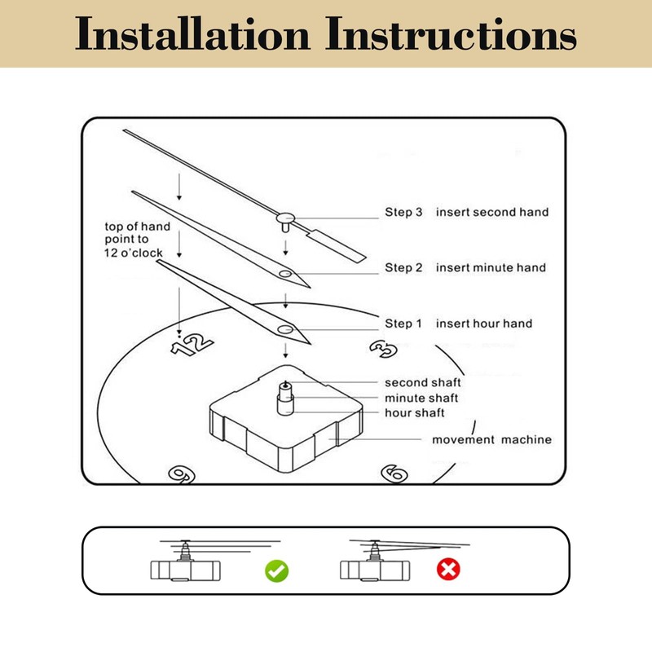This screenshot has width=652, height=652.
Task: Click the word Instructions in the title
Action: [452, 34]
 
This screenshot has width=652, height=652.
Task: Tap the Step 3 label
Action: [403, 212]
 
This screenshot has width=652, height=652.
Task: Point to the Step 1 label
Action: [403, 324]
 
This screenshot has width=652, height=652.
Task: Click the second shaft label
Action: [423, 382]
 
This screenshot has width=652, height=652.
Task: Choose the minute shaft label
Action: [421, 398]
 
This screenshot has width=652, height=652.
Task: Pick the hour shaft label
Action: [416, 413]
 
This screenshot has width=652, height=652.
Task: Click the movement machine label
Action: [491, 440]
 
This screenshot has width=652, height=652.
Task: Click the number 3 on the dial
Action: [383, 348]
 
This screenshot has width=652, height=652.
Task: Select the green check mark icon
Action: [276, 570]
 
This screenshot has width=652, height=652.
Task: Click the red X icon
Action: [447, 570]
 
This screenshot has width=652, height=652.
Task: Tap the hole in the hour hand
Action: [285, 328]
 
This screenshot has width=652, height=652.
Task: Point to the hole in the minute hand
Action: [284, 274]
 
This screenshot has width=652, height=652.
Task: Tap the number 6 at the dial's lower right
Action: [394, 473]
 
